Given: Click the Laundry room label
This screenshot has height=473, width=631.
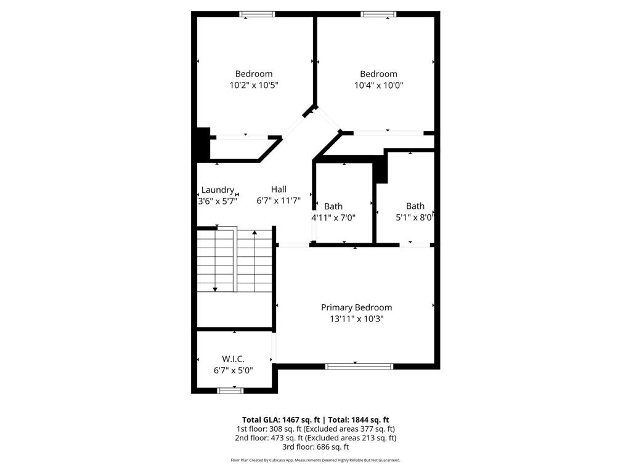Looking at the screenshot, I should [218, 190].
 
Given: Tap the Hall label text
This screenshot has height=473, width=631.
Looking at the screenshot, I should [279, 190].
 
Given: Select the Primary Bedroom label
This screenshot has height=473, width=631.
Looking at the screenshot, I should [356, 307].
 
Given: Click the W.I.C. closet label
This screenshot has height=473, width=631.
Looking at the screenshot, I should [233, 358].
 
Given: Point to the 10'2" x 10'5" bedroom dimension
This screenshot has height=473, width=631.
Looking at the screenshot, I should [254, 86].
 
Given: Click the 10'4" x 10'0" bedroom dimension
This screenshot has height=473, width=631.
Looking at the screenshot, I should [378, 86].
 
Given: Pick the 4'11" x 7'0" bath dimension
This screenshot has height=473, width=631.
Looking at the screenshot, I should [333, 217].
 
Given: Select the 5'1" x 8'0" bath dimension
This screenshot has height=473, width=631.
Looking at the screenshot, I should [415, 217].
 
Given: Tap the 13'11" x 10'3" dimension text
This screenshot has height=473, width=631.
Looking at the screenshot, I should [356, 319].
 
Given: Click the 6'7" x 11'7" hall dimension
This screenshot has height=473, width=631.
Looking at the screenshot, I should [279, 201].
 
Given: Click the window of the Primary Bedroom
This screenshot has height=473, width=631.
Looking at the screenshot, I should [359, 366].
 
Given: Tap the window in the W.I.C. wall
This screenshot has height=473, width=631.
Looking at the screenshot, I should [230, 390].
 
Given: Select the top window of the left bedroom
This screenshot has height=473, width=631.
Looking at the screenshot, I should [258, 14].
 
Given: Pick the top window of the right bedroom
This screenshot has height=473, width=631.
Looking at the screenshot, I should [379, 14].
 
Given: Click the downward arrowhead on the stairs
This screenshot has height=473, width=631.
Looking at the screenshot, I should [215, 288].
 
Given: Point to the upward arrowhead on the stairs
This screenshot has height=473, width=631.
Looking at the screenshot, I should [254, 233].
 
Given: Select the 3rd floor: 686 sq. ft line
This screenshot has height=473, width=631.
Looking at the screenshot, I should [315, 447].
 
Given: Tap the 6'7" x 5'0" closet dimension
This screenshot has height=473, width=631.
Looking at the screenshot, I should [233, 370].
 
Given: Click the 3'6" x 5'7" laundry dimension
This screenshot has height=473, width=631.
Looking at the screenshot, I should [217, 201].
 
